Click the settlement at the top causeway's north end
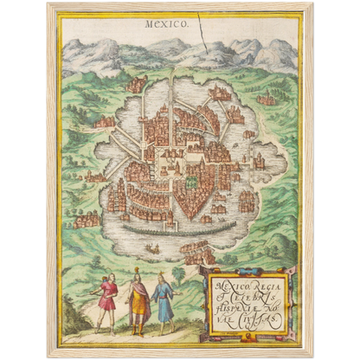pyautogui.click(x=173, y=76)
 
